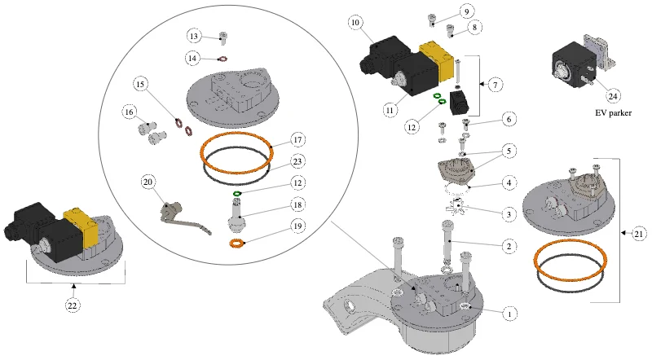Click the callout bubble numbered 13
coord(194,36)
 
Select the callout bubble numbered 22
coord(73,305)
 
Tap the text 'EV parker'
coord(613,113)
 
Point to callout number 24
coord(613,96)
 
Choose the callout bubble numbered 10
coord(355,23)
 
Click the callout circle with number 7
coord(495,86)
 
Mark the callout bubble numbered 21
coord(639,234)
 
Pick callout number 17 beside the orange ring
coord(297,139)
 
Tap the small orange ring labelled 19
coord(237,244)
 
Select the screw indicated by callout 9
coord(432,19)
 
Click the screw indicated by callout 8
coord(451,30)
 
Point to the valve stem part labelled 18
coord(236,213)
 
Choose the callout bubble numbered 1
coord(510,314)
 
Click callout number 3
coord(509,214)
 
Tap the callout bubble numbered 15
coord(140,85)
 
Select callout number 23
coord(297,161)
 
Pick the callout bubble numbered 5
coord(509,151)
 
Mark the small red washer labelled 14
coord(222,59)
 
